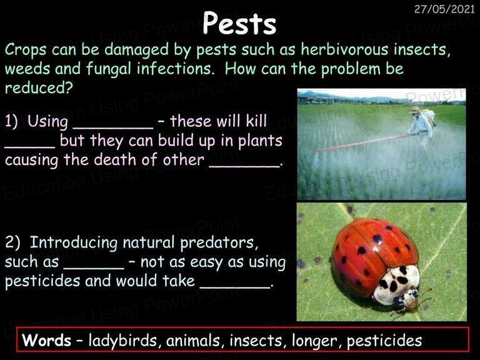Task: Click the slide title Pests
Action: tap(239, 23)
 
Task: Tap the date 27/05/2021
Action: tap(444, 9)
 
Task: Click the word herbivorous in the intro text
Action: tap(344, 49)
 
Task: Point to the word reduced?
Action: tap(39, 88)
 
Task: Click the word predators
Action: tap(217, 243)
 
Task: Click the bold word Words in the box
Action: tap(46, 340)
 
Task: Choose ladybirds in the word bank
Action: tap(122, 341)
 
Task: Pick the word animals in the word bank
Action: tap(193, 341)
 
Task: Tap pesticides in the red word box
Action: tap(384, 341)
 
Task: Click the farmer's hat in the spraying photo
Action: tap(415, 109)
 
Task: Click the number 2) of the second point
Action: tap(12, 242)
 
